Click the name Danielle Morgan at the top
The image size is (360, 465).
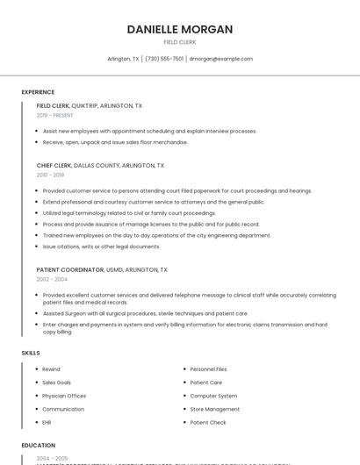click(179, 29)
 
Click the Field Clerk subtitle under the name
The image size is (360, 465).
click(179, 42)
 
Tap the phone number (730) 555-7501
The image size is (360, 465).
click(164, 59)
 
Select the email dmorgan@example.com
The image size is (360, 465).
click(221, 59)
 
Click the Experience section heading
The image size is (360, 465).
click(38, 92)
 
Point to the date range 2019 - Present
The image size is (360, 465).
click(55, 115)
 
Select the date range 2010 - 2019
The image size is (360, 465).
click(50, 175)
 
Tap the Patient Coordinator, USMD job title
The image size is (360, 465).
click(102, 270)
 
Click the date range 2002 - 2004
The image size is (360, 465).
click(52, 279)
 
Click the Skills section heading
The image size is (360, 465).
click(31, 353)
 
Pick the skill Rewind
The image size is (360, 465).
click(51, 369)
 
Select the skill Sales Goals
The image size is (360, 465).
click(56, 383)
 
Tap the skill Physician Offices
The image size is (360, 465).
click(63, 396)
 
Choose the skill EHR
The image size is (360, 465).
click(47, 422)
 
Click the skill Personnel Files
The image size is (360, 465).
click(208, 369)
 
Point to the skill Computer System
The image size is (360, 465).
click(213, 396)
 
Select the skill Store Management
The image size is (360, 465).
click(214, 409)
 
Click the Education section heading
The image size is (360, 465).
click(38, 445)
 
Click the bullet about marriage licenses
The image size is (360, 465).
click(151, 224)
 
